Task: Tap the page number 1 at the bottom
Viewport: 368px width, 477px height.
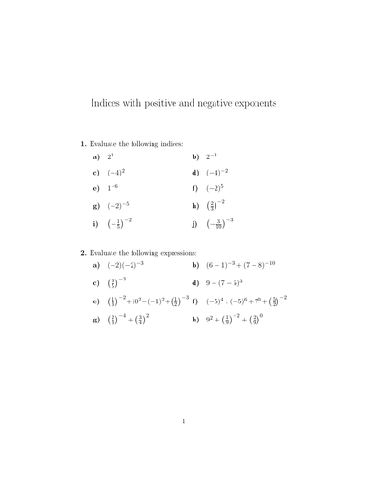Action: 183,446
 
